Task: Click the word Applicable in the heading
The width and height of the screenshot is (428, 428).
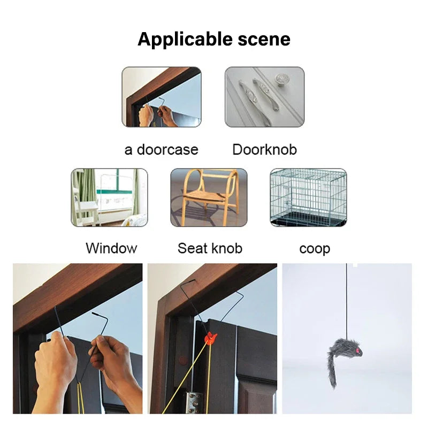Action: pos(185,40)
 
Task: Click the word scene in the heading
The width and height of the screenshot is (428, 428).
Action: pos(264,39)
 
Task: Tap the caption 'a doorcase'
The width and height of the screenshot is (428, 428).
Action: pos(162,150)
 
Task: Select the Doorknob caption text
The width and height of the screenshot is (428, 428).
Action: pos(264,150)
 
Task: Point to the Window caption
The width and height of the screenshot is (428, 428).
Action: pos(111,248)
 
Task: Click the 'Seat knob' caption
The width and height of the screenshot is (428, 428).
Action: pos(210,248)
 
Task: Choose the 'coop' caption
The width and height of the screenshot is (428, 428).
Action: pos(315,249)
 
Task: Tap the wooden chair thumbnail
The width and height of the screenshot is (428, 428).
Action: pos(209,197)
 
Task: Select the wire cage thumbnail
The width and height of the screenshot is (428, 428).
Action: pos(308,197)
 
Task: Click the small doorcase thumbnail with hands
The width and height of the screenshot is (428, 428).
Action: pos(162,97)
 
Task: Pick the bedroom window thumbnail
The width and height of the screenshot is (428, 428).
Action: pos(109,197)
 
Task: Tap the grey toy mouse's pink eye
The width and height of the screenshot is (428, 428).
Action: pos(358,350)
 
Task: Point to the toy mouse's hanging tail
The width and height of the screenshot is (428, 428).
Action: pos(332,371)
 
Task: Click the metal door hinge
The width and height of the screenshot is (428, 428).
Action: pos(194,403)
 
